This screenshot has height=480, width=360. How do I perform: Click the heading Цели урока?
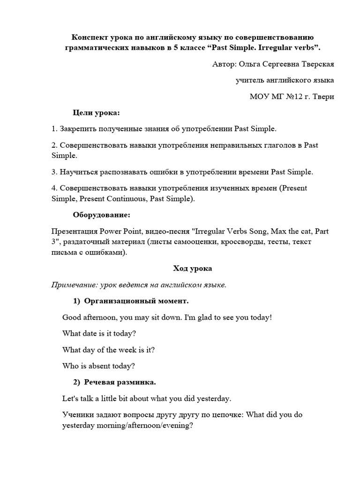coord(96,113)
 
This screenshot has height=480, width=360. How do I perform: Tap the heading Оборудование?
coord(102,215)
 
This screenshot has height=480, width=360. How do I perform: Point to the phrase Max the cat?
coord(287,231)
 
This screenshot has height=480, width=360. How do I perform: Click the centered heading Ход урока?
coord(192,269)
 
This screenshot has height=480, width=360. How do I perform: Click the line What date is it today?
coord(99,333)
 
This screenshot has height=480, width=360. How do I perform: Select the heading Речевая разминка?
coord(120,382)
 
